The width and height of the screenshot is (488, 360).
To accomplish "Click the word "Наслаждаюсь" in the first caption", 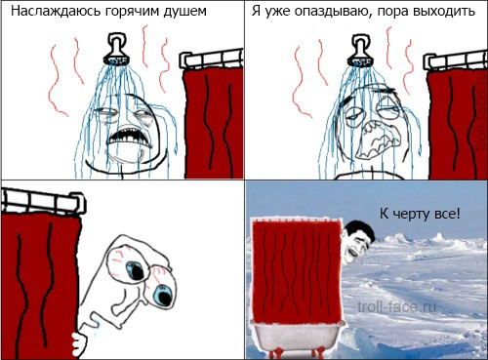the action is (x=57, y=11).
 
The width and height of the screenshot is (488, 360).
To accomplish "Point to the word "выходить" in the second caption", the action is (x=445, y=12).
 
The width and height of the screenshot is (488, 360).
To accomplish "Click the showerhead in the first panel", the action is (x=116, y=49).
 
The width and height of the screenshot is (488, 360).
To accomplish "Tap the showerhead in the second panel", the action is (x=361, y=51).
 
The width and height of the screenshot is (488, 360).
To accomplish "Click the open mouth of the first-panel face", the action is (x=129, y=138).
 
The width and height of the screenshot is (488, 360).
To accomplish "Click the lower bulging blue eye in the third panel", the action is (x=162, y=295).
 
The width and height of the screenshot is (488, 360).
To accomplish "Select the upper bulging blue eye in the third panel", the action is (x=136, y=269).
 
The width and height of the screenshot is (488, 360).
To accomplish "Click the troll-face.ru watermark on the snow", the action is (x=396, y=306).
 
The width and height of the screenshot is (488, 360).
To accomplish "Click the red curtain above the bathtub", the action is (x=297, y=269).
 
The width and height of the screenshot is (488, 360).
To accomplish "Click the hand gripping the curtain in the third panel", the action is (x=79, y=343).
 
